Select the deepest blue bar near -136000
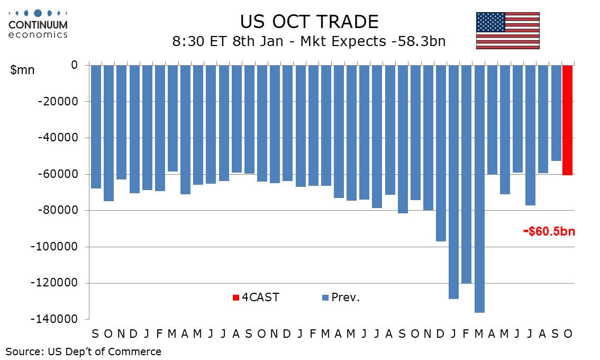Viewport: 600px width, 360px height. click(x=479, y=188)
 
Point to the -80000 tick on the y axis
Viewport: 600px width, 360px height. click(x=59, y=211)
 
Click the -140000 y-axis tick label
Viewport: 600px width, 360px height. click(x=57, y=320)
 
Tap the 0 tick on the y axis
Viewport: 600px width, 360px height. click(x=74, y=65)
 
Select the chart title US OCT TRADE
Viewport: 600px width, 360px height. click(x=309, y=22)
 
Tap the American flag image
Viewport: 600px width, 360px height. click(x=507, y=30)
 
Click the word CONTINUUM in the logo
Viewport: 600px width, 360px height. click(x=38, y=25)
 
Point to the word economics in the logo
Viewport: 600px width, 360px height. click(x=38, y=34)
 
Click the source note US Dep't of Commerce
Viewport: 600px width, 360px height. click(x=84, y=352)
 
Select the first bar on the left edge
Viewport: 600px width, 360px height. click(x=96, y=127)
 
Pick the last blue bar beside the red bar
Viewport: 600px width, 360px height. click(x=556, y=113)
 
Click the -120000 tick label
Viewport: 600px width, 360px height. click(x=57, y=283)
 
